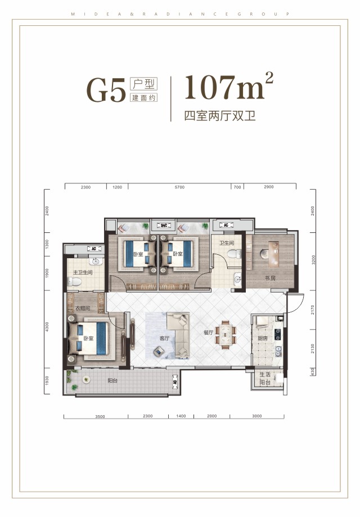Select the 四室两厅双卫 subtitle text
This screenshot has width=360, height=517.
(x=220, y=116)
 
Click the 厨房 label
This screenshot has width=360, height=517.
(x=263, y=339)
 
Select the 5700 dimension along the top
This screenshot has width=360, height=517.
(x=179, y=187)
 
